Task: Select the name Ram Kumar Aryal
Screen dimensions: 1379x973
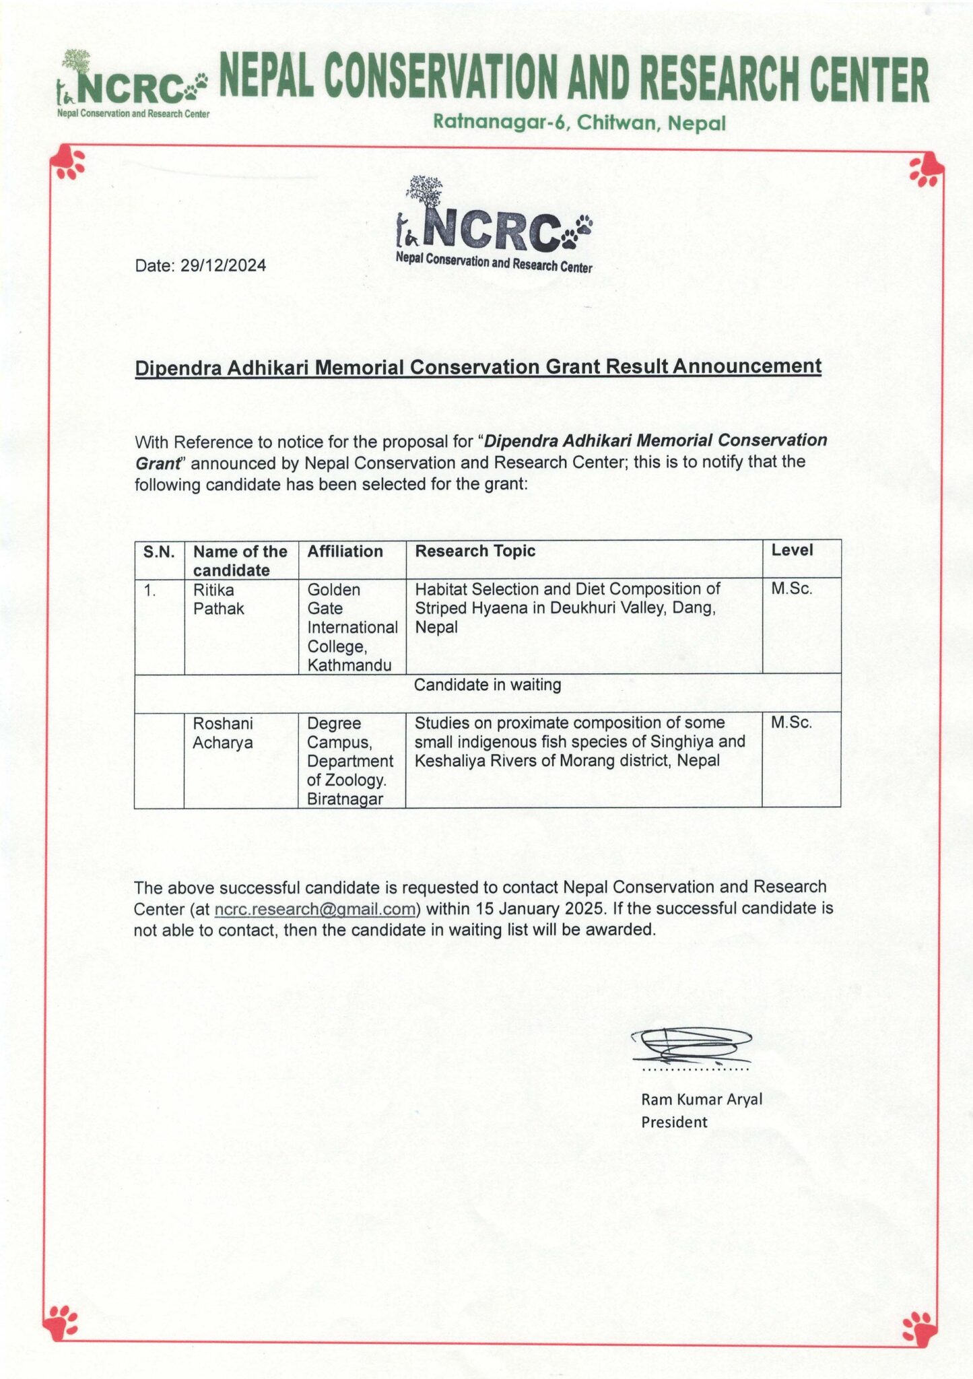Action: (701, 1100)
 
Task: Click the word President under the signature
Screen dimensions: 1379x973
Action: (673, 1122)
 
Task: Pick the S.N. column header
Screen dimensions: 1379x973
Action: (159, 552)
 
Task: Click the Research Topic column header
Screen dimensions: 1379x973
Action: (475, 551)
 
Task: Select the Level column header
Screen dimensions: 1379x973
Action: (792, 550)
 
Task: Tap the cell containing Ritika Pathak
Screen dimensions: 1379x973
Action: (218, 599)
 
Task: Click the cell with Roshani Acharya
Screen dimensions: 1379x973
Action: (223, 733)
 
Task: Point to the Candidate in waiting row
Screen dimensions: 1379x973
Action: (487, 685)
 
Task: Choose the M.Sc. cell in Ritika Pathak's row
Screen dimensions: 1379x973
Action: (792, 589)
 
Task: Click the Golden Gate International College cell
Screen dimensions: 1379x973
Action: (351, 627)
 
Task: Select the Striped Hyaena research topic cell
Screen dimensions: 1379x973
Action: (567, 607)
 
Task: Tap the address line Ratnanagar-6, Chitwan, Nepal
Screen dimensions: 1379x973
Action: (578, 123)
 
